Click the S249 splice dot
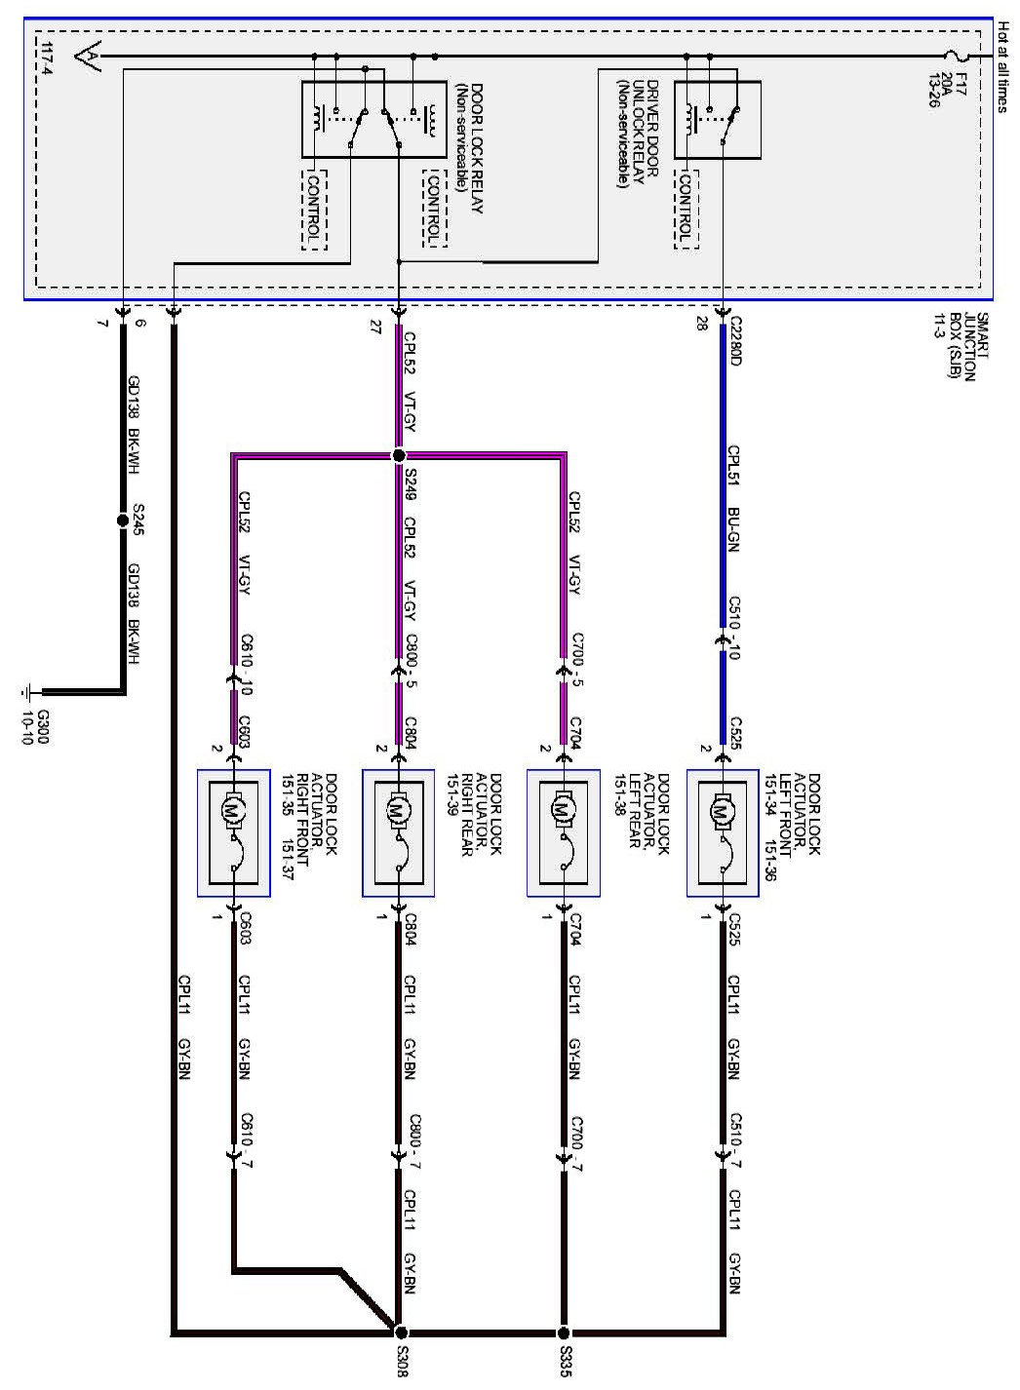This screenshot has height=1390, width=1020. tap(398, 455)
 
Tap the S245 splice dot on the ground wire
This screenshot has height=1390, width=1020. tap(123, 519)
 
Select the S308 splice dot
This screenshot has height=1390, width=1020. tap(399, 1332)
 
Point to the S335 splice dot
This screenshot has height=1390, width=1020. tap(564, 1332)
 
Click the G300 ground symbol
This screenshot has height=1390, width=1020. tap(28, 693)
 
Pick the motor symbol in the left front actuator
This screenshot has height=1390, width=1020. tap(724, 810)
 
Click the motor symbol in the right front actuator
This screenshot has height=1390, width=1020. tap(234, 809)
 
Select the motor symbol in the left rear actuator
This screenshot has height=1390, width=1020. tap(563, 810)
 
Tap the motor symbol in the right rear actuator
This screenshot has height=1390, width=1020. tap(398, 810)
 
